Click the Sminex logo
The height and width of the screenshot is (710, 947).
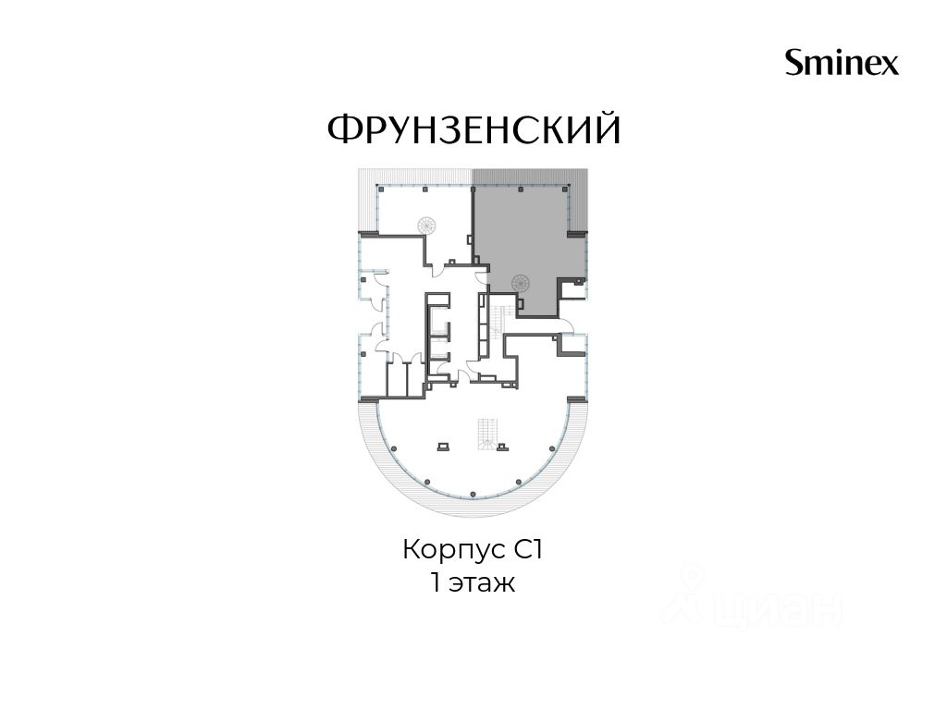[x=842, y=63]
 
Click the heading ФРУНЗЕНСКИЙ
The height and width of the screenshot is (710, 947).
[x=474, y=129]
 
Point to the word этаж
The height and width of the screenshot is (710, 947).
[x=481, y=583]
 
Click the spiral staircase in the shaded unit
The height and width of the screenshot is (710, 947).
[x=520, y=282]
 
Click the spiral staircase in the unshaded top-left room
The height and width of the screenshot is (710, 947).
[x=425, y=226]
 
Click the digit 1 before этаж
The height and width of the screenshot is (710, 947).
[x=436, y=583]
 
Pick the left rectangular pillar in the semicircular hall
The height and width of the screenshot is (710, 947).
[x=443, y=447]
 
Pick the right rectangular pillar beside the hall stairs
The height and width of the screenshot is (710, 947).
[x=502, y=447]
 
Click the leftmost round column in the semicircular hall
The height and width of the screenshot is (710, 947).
[x=394, y=448]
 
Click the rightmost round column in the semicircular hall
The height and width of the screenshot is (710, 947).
[x=552, y=448]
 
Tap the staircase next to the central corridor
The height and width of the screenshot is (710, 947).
[x=498, y=321]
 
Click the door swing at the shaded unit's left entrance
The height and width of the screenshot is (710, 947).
[x=481, y=278]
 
